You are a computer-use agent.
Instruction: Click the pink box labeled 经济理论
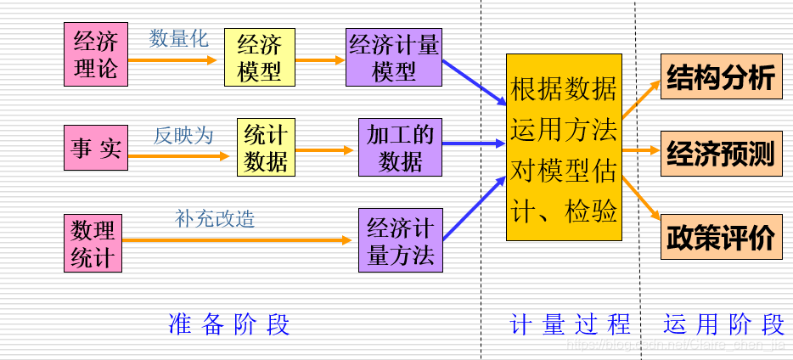tap(96, 54)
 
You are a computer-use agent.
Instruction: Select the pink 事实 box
tap(96, 149)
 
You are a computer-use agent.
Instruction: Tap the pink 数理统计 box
tap(93, 244)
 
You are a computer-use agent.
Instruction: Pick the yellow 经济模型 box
tap(260, 57)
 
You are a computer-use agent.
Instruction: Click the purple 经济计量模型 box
tap(394, 57)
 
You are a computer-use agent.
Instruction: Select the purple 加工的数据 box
tap(400, 147)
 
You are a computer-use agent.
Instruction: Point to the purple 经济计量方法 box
tap(400, 240)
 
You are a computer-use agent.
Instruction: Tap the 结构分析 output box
tap(721, 77)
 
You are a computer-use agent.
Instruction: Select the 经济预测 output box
tap(721, 154)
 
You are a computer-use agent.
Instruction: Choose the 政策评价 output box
tap(721, 237)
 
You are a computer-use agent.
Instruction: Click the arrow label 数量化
tap(179, 39)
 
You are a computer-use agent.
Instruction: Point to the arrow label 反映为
tap(183, 135)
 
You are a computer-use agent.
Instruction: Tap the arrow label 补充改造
tap(215, 219)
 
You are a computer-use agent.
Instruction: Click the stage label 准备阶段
tap(229, 324)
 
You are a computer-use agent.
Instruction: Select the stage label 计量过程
tap(571, 324)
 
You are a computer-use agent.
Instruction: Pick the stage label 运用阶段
tap(723, 324)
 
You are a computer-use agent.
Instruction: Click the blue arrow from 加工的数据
tap(474, 143)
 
